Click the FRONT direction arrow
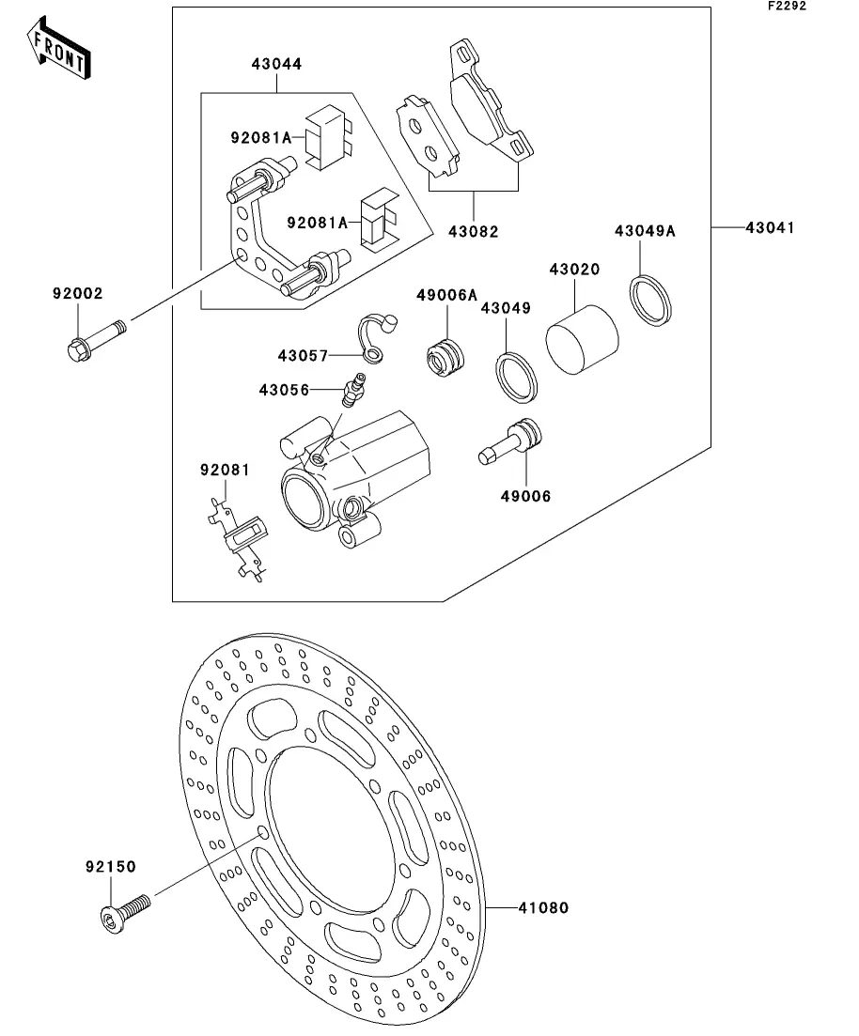click(58, 48)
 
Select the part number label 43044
click(276, 64)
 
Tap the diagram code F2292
click(787, 6)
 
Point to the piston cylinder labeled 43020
click(582, 340)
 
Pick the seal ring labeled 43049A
click(650, 301)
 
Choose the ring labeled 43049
click(517, 378)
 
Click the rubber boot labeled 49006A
click(445, 358)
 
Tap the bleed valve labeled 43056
click(352, 389)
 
